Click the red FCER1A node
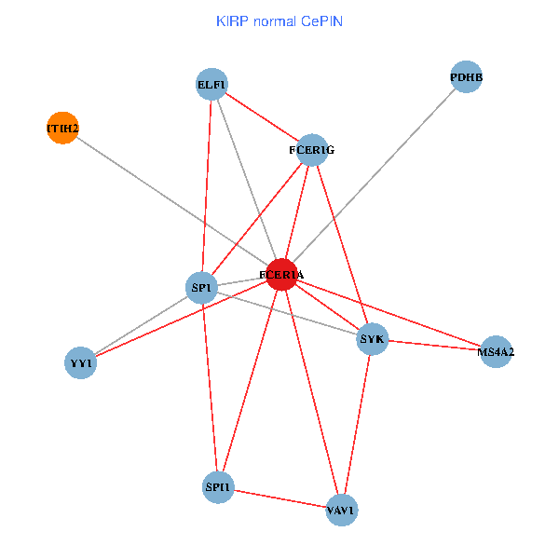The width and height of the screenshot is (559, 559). tap(281, 275)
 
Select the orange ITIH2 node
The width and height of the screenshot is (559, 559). tap(62, 128)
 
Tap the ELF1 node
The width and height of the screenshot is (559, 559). tap(212, 85)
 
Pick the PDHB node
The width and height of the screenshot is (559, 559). tap(466, 77)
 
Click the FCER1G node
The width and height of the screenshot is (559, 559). tap(312, 149)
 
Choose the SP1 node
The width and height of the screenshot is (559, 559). tap(202, 288)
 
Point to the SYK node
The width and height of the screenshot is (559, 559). tap(373, 339)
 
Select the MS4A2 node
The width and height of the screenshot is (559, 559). tap(496, 352)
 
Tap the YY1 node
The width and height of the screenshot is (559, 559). tap(81, 362)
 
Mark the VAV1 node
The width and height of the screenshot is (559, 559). tap(342, 511)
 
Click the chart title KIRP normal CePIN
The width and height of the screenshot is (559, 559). tap(279, 20)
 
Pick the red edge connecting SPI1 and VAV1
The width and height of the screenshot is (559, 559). tap(279, 498)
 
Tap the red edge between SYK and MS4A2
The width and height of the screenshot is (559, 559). tap(434, 346)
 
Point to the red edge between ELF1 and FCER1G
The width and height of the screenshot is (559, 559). tap(262, 116)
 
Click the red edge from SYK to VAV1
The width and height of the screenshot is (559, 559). tap(358, 424)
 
